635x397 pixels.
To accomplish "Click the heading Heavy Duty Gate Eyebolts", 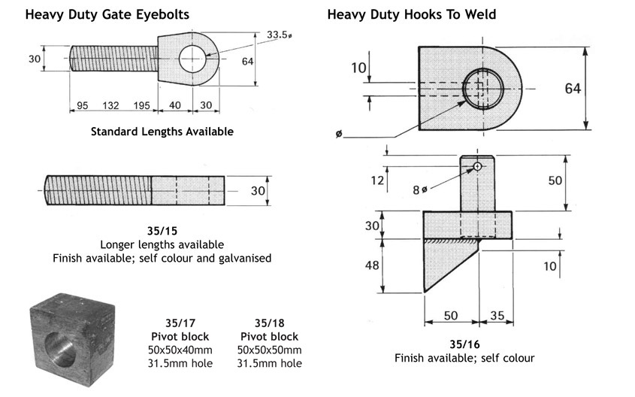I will (x=107, y=14).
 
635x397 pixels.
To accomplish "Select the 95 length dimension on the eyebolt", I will (x=82, y=105).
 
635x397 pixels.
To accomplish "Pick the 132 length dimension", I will (x=111, y=105).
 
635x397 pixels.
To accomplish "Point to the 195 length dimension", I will (x=141, y=105).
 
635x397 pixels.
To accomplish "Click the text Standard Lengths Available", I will (x=162, y=132).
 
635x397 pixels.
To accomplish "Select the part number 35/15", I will (x=162, y=232).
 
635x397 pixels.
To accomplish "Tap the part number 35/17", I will (x=180, y=323).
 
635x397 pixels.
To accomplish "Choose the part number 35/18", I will (x=269, y=323).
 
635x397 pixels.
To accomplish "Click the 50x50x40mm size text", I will (x=180, y=350).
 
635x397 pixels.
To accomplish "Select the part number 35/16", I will (x=464, y=344).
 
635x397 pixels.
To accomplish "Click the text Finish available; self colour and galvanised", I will (x=162, y=258).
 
